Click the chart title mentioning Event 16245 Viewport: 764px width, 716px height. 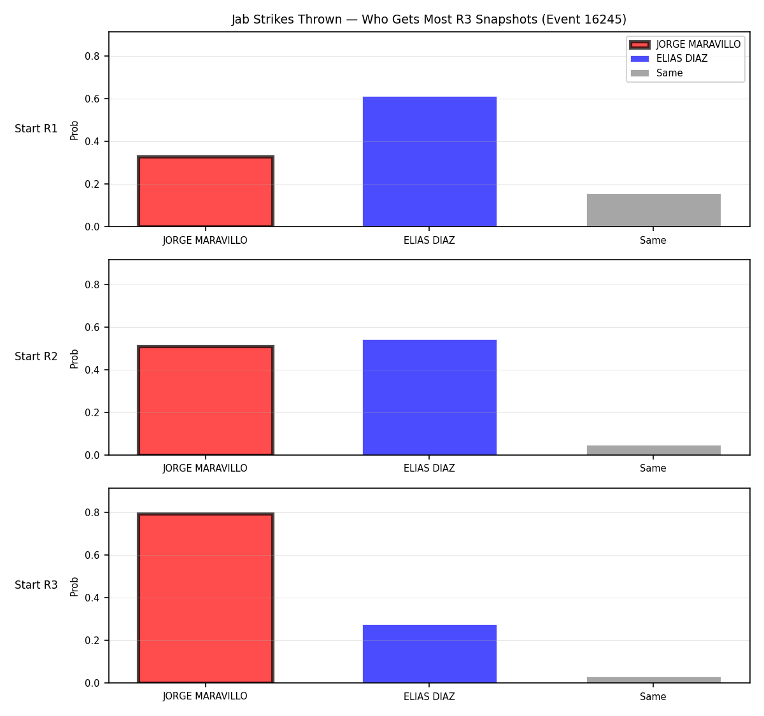(x=428, y=19)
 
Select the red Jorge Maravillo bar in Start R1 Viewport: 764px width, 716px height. (x=206, y=191)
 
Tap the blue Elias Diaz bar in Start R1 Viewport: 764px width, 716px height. (x=429, y=162)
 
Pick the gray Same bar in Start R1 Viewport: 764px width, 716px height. (x=653, y=210)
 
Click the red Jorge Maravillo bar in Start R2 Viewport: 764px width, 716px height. (x=206, y=400)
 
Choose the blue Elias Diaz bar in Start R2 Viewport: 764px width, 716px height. (x=429, y=397)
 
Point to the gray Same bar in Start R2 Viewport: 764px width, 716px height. (x=653, y=450)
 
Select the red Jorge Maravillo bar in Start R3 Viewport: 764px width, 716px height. (x=206, y=598)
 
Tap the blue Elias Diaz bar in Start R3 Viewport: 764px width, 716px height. (x=429, y=654)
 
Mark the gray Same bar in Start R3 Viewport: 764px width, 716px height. (x=653, y=680)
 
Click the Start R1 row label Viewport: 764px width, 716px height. (x=36, y=129)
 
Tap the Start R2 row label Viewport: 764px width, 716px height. (x=36, y=356)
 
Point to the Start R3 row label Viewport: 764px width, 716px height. (x=36, y=585)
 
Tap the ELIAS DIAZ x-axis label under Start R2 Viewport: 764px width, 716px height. (x=429, y=468)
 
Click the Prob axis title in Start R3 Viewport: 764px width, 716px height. (x=74, y=587)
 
